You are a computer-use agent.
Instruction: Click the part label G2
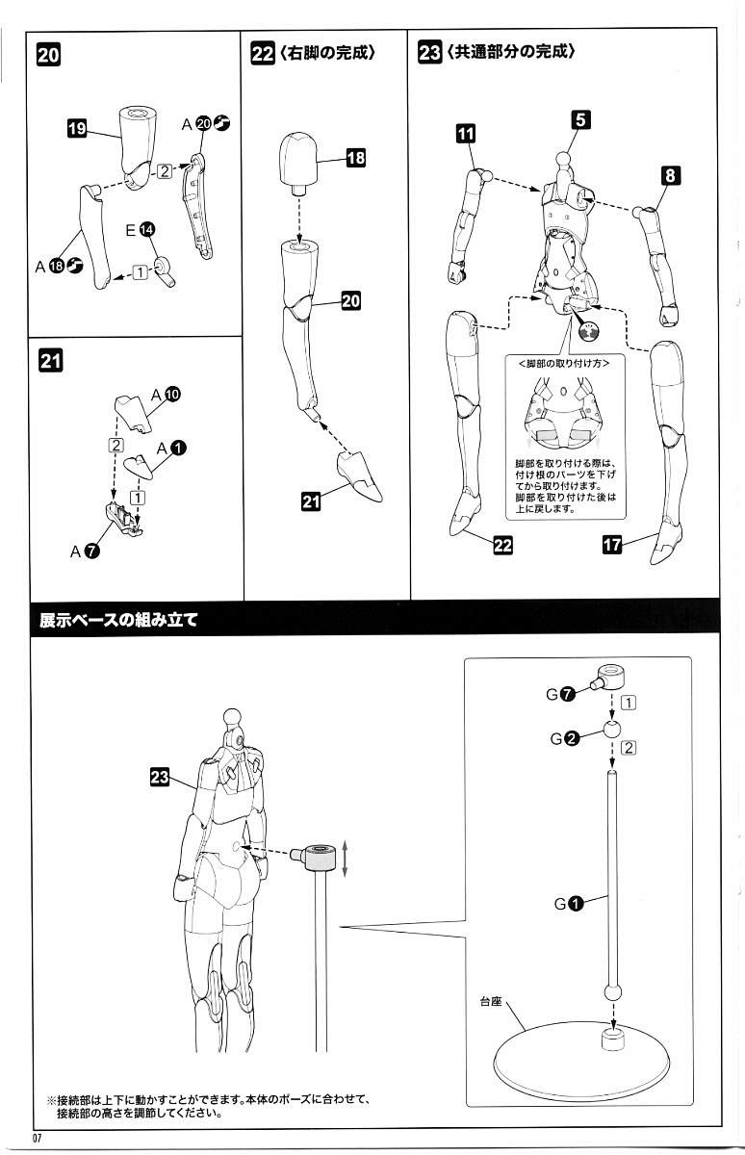coord(564,738)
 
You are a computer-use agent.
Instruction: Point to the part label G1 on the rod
coord(567,903)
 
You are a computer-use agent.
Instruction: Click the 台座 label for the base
coord(491,1001)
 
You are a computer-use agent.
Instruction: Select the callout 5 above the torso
coord(579,119)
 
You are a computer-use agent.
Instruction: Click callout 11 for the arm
coord(466,135)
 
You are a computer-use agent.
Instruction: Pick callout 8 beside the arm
coord(671,175)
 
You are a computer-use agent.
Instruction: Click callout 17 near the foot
coord(611,545)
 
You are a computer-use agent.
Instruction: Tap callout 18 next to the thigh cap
coord(355,159)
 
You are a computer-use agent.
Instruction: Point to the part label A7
coord(85,552)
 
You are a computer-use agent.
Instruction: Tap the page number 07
coord(39,1141)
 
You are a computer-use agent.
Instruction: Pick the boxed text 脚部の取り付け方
coord(563,364)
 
